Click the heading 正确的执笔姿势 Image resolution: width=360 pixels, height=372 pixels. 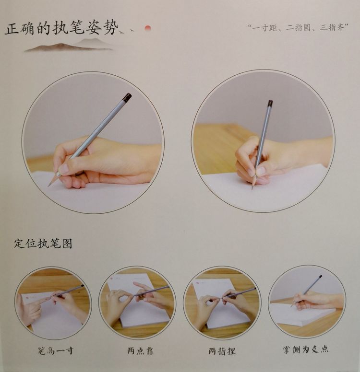point(61,29)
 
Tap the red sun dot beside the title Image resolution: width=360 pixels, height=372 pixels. point(148,28)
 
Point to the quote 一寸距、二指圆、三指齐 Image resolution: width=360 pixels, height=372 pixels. point(298,28)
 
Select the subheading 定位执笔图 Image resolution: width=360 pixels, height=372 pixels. point(43,244)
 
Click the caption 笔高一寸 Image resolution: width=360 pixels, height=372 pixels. point(56,350)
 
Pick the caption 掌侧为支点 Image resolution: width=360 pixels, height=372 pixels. point(306,349)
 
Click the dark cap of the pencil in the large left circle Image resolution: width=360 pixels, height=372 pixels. point(127,97)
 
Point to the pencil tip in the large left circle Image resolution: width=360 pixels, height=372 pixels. point(49,185)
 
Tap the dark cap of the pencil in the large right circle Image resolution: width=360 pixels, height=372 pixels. point(270,103)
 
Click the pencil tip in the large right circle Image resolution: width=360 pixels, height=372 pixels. point(252,188)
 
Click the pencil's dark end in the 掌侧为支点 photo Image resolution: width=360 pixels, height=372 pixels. point(320,277)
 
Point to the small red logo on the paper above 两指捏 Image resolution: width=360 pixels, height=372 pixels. point(198,282)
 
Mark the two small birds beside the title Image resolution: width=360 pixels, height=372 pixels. point(125,31)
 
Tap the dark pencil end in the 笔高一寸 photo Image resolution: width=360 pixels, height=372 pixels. point(83,286)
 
